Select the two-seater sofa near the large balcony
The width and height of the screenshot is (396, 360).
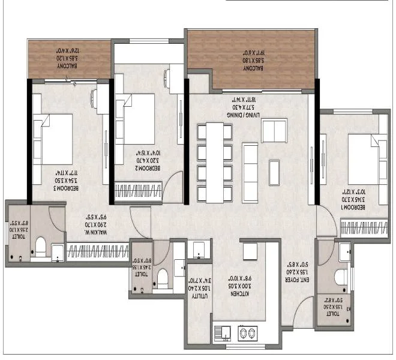click(x=274, y=130)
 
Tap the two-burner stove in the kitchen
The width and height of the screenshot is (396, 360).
click(x=247, y=332)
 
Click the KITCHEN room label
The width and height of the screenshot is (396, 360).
click(x=235, y=279)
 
